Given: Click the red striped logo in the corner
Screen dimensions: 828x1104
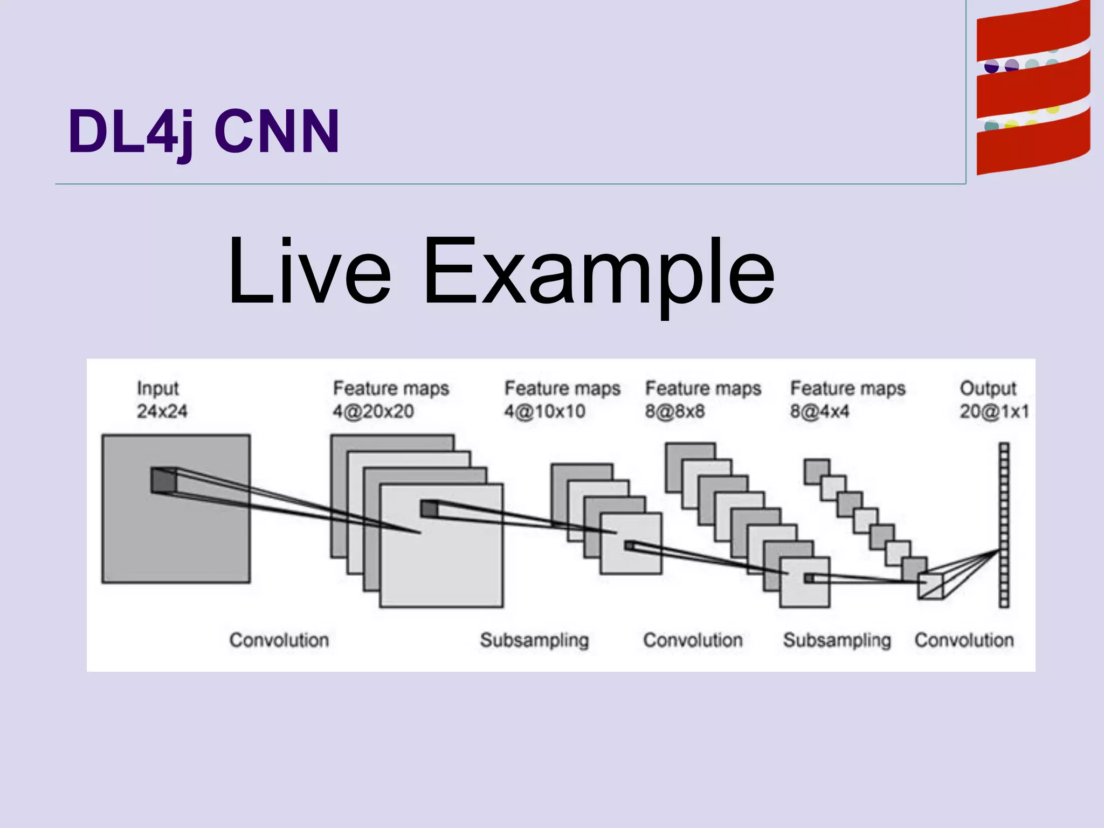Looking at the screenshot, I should [x=1033, y=89].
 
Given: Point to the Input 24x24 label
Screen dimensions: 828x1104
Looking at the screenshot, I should [x=161, y=399].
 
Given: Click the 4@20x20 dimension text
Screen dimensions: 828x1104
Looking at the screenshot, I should [x=373, y=412].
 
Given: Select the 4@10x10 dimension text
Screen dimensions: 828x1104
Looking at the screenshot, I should [x=544, y=412].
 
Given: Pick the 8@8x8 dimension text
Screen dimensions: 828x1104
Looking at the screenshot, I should [x=675, y=412].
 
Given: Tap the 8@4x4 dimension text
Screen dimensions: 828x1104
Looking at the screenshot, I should [x=819, y=412].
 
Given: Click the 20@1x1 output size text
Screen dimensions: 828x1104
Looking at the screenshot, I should [x=994, y=412].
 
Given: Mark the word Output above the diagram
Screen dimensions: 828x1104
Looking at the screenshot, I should [x=988, y=388].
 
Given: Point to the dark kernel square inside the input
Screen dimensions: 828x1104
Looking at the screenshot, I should [x=163, y=480].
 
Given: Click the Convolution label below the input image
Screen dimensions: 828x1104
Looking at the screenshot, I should [x=279, y=640].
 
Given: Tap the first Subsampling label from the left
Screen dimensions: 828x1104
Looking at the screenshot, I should [x=534, y=640].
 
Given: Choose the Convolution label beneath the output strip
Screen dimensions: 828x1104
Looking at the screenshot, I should [x=964, y=640].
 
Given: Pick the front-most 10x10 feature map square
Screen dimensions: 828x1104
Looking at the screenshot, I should [x=636, y=555].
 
